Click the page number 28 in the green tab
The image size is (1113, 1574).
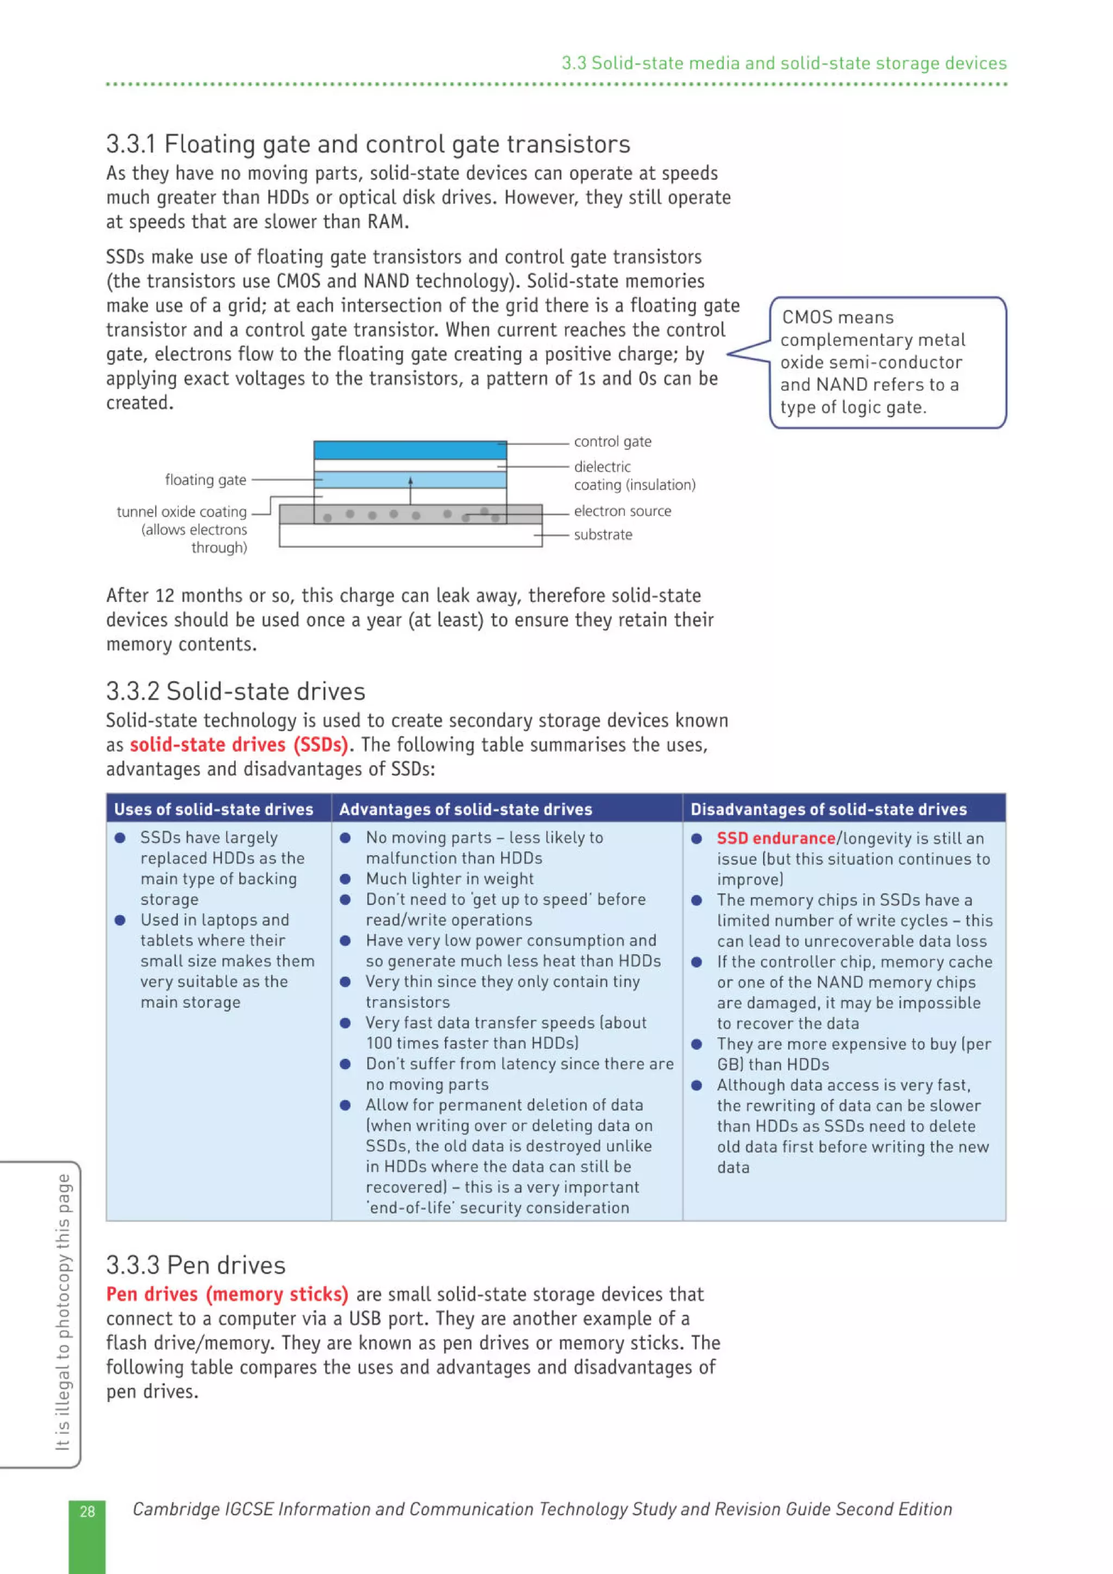click(87, 1511)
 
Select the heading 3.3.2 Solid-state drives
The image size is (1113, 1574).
click(235, 691)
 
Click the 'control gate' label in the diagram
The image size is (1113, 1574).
click(612, 442)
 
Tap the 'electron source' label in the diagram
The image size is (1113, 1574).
click(622, 511)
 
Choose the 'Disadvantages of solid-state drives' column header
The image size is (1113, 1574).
click(828, 809)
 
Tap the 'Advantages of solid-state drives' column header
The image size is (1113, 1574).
click(465, 809)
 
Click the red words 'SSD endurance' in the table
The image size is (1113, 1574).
click(775, 838)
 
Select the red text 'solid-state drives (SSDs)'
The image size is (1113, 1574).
click(239, 745)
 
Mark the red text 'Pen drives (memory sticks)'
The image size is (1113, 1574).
click(227, 1294)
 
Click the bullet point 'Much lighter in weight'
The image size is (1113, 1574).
click(449, 878)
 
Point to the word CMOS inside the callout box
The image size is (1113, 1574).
click(807, 317)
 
